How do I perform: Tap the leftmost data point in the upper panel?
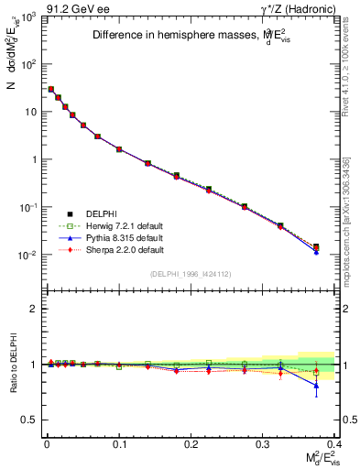[50, 90]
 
